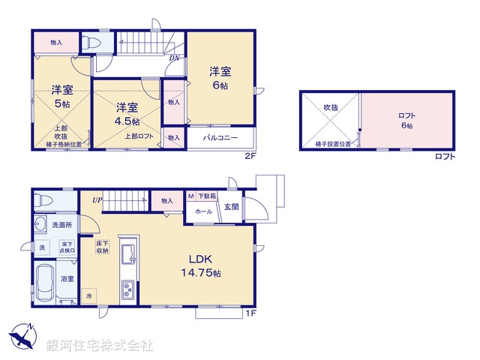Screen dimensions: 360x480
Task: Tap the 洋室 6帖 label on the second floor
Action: (x=220, y=79)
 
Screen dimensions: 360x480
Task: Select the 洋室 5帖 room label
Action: (x=61, y=97)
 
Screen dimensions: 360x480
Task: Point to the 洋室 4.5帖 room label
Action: (x=127, y=114)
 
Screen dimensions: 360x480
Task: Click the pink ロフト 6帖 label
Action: (x=407, y=120)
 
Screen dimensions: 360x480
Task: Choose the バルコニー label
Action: (x=218, y=138)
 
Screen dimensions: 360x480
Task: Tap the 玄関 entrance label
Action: (x=232, y=208)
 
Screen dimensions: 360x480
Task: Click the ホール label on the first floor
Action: (x=203, y=212)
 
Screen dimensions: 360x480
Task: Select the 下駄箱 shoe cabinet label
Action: (x=207, y=196)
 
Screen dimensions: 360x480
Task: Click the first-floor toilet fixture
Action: (x=45, y=201)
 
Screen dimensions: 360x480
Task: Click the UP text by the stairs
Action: (x=97, y=200)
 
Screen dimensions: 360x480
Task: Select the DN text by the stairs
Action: (x=173, y=58)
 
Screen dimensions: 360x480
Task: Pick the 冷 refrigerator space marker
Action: (x=88, y=296)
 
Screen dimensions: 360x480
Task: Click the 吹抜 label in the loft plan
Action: (x=331, y=108)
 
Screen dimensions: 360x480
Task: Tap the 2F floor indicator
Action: (x=250, y=156)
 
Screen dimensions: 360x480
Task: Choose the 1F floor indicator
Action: (x=250, y=313)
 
